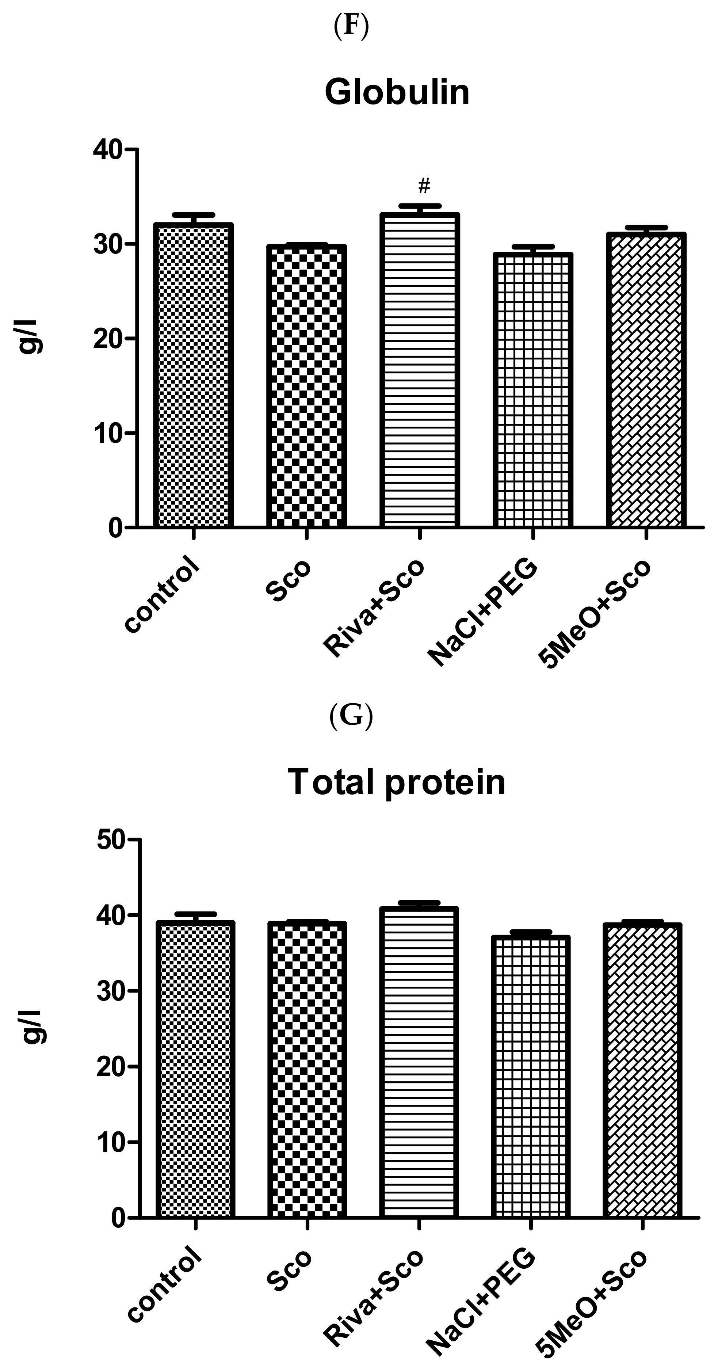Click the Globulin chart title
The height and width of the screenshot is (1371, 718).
point(397,92)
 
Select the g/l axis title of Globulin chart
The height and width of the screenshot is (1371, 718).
point(31,339)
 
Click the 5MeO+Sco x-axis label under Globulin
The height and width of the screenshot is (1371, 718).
point(595,614)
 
